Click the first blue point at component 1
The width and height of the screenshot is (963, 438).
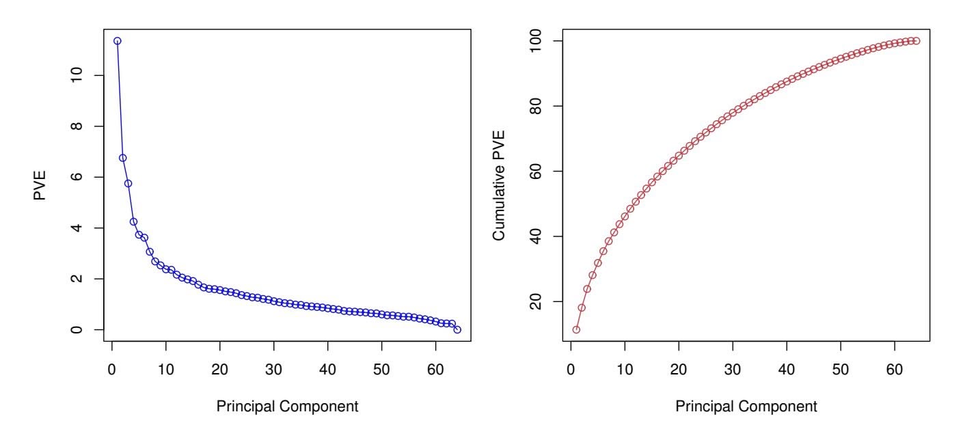pyautogui.click(x=118, y=41)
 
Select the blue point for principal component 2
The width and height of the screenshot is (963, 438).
pyautogui.click(x=123, y=158)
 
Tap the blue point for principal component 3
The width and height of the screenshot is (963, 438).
pyautogui.click(x=128, y=183)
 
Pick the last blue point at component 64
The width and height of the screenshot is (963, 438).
pyautogui.click(x=457, y=329)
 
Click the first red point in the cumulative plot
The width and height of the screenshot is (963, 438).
pyautogui.click(x=576, y=329)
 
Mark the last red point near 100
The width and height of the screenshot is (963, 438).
pyautogui.click(x=917, y=41)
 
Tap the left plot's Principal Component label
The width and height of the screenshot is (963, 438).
pyautogui.click(x=287, y=407)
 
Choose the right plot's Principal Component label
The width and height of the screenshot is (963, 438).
pyautogui.click(x=746, y=407)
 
